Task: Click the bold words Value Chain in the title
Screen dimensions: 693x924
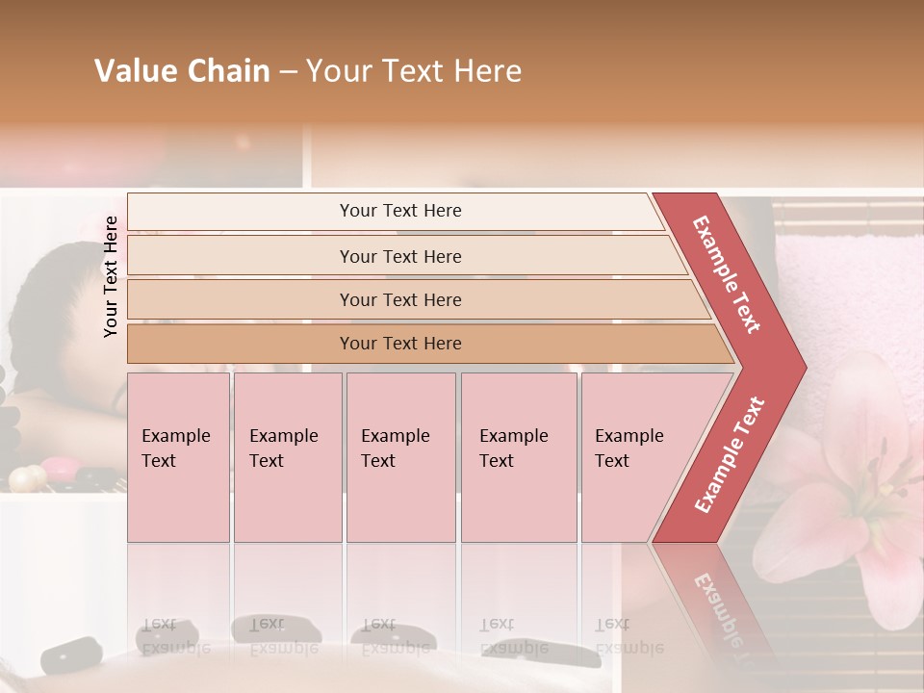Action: point(182,71)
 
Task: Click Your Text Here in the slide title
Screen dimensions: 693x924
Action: point(414,71)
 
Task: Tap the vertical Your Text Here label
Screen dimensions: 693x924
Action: point(111,276)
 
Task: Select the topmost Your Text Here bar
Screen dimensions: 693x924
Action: point(399,211)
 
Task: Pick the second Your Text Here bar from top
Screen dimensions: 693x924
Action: point(399,256)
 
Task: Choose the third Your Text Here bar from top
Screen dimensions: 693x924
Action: point(399,299)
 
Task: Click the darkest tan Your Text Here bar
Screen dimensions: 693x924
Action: point(399,344)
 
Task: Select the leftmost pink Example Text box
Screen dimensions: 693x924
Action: point(178,457)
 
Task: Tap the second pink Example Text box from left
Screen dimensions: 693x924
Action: point(287,457)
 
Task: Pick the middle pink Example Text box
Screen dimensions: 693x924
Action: point(400,457)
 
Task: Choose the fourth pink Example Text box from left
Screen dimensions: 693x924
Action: point(519,457)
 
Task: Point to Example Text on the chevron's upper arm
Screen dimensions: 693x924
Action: point(727,273)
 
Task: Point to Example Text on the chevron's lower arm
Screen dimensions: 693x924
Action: point(730,455)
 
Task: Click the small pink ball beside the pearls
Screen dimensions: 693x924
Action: point(58,469)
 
